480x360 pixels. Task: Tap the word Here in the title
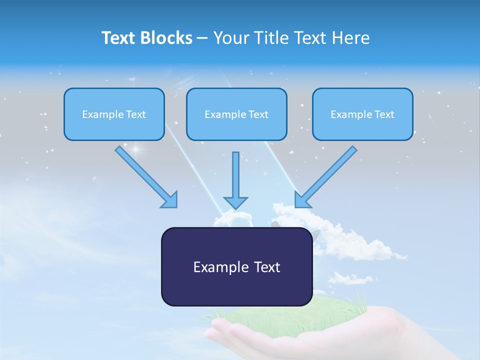pyautogui.click(x=351, y=38)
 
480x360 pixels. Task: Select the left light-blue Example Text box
pyautogui.click(x=114, y=114)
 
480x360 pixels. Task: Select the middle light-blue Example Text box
pyautogui.click(x=236, y=114)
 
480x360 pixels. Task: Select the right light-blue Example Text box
pyautogui.click(x=362, y=114)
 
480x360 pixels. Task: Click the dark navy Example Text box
pyautogui.click(x=236, y=266)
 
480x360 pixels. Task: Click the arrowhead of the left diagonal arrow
pyautogui.click(x=170, y=200)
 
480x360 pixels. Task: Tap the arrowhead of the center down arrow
pyautogui.click(x=235, y=202)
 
